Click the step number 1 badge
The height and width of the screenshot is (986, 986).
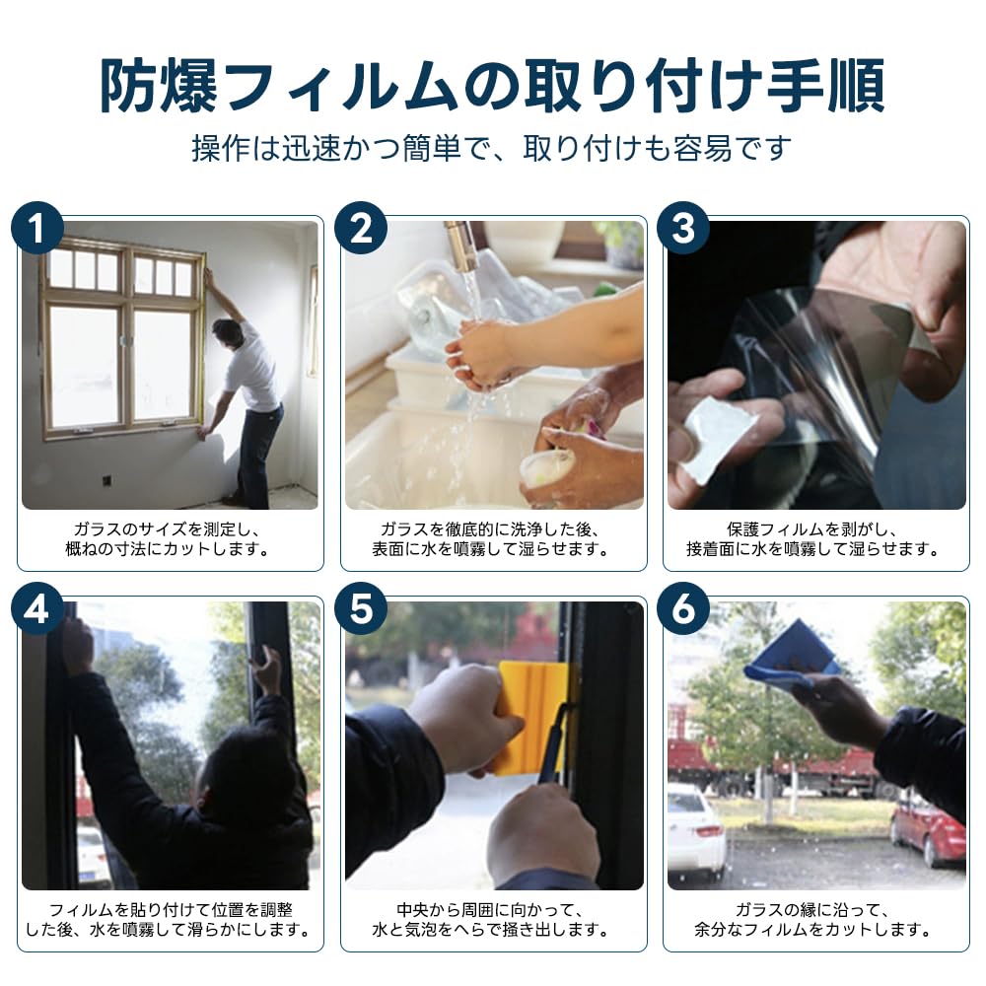click(37, 228)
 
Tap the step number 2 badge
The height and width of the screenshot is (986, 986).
click(360, 228)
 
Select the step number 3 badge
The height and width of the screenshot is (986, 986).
click(683, 228)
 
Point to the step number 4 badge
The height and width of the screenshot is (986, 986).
click(37, 608)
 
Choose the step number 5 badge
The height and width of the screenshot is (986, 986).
click(360, 608)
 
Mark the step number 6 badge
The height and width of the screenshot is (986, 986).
click(683, 608)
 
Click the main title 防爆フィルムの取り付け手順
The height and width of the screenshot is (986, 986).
click(492, 86)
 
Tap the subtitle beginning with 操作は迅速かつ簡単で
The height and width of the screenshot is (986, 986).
click(492, 149)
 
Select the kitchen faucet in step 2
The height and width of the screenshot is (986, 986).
click(462, 246)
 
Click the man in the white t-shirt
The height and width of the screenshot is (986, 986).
click(246, 409)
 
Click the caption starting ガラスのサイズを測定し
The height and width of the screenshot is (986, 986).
click(169, 539)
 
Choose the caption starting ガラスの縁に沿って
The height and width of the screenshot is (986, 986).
click(812, 919)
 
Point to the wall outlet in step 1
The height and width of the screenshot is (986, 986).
click(106, 481)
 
